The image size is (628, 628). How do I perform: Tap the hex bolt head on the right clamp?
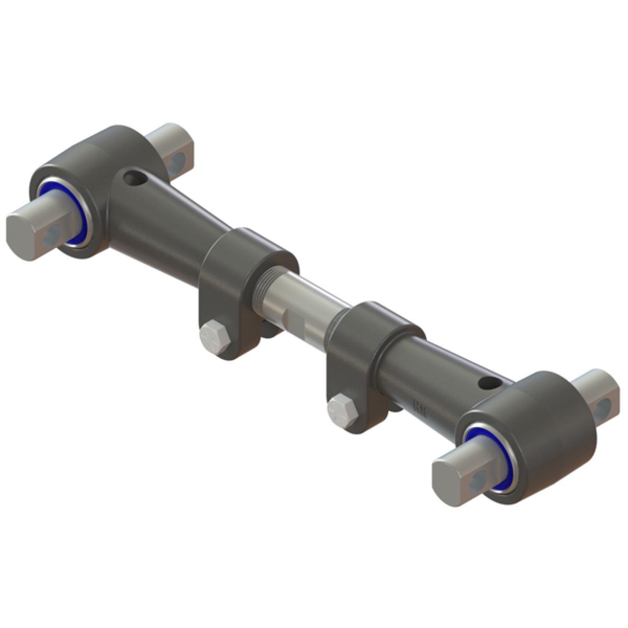[x=343, y=408]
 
